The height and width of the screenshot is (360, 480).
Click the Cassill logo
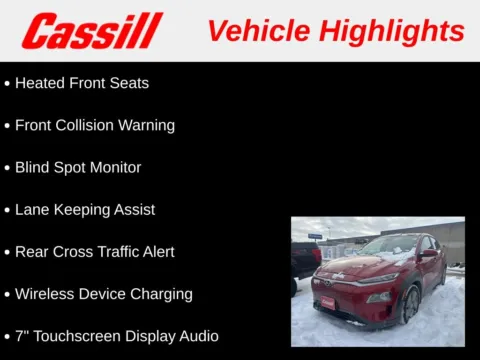point(92,31)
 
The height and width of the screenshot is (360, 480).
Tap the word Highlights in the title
point(391,31)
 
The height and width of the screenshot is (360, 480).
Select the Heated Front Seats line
point(82,83)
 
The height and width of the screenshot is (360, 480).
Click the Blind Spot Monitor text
point(78,167)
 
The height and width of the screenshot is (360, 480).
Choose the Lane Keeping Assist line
point(85,210)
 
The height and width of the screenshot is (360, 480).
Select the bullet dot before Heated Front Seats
point(7,84)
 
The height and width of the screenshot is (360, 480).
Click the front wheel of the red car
point(408,305)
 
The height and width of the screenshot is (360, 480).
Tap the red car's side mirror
point(428,255)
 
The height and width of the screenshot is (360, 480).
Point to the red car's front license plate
point(327,301)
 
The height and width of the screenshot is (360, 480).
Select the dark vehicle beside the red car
point(304,260)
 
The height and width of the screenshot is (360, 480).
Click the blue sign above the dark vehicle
point(315,236)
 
